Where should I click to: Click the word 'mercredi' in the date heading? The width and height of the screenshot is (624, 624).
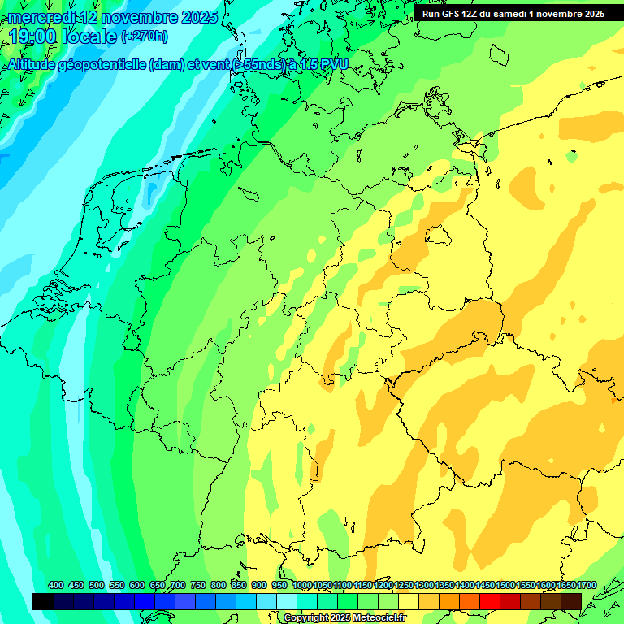41,17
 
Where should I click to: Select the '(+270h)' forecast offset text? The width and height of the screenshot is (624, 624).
145,37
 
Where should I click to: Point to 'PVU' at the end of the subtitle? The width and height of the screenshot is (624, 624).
333,65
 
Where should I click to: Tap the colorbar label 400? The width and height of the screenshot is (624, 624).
56,585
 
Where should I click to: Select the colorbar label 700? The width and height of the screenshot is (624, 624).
178,585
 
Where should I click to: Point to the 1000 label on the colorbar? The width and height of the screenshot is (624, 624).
302,585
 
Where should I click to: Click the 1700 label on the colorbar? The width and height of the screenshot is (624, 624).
587,585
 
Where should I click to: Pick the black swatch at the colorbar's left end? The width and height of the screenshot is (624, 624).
43,601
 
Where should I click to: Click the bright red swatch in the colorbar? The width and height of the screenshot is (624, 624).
490,601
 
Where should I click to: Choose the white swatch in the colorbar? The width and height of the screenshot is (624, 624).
287,601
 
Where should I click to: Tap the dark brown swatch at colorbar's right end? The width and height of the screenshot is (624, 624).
571,601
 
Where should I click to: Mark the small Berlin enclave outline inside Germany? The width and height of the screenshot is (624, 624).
440,236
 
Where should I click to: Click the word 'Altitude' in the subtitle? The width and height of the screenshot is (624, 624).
32,65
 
